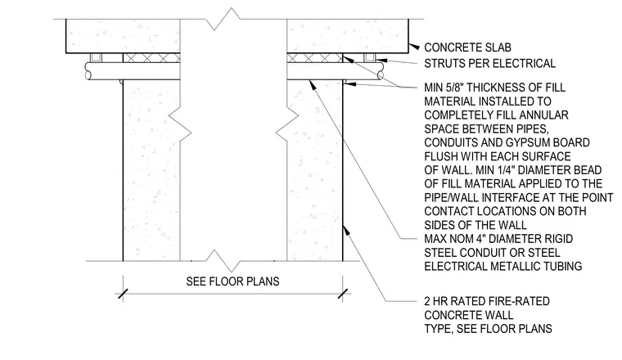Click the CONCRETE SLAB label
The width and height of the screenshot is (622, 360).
coord(467,47)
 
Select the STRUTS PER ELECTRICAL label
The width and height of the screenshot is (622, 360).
coord(490,64)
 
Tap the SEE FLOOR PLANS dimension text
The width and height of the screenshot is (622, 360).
coord(233,281)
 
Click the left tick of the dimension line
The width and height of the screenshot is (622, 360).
coord(123,295)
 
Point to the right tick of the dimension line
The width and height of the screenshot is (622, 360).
coord(343,295)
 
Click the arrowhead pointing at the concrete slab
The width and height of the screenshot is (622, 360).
coord(414,47)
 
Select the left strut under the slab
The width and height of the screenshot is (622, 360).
coord(96,58)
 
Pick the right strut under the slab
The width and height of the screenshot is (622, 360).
coord(370,58)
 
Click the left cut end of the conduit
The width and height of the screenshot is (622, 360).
coord(88,71)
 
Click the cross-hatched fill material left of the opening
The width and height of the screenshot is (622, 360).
coord(151,58)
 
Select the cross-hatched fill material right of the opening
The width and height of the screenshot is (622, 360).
coord(314,58)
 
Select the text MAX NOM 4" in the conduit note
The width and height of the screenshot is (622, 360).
coord(455,239)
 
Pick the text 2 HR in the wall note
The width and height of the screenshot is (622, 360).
coord(437,301)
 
